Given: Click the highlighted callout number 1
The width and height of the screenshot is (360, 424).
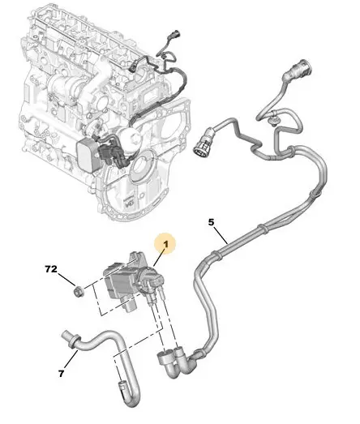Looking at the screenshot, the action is tap(166, 244).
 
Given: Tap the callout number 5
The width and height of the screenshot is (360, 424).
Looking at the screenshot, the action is tap(212, 222).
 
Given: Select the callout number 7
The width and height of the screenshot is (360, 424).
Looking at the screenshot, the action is tap(62, 374).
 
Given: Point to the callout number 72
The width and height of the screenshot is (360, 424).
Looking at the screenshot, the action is tap(51, 269).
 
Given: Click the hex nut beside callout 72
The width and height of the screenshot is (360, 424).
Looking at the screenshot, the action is tap(79, 292).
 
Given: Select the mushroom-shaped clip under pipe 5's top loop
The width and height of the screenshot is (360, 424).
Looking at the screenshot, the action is tap(273, 121).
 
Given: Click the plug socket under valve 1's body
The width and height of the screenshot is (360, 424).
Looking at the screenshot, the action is tap(131, 306).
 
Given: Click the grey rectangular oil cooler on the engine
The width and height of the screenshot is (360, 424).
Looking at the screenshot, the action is tap(87, 154).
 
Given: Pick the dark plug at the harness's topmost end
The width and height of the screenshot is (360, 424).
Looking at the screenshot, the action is tap(174, 34).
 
